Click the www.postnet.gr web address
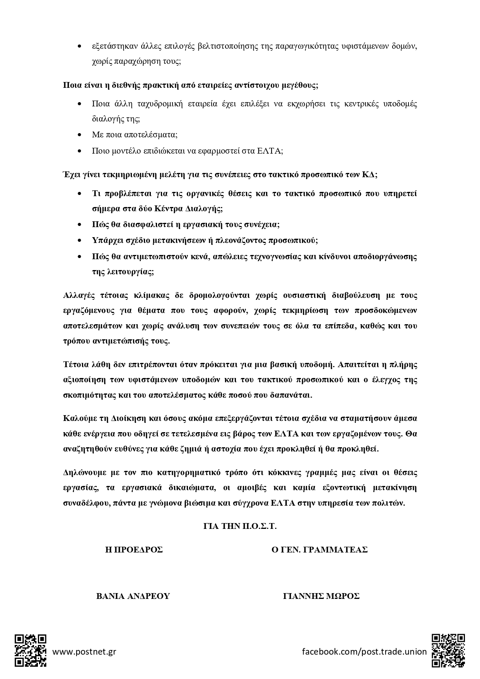pyautogui.click(x=84, y=652)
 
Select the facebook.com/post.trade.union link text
pyautogui.click(x=364, y=652)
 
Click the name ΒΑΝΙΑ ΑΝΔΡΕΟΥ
pyautogui.click(x=133, y=596)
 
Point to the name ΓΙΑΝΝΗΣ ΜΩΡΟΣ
pyautogui.click(x=321, y=596)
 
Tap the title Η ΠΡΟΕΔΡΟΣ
pyautogui.click(x=134, y=550)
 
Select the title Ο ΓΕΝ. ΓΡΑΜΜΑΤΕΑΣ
pyautogui.click(x=319, y=550)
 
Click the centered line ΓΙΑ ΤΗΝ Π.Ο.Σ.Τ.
pyautogui.click(x=240, y=526)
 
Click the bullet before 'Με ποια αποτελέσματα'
pyautogui.click(x=80, y=135)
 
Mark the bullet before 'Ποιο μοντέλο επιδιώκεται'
pyautogui.click(x=80, y=151)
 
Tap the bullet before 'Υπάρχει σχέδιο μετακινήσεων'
pyautogui.click(x=80, y=240)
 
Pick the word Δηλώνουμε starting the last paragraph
pyautogui.click(x=82, y=473)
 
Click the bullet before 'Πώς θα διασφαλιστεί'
pyautogui.click(x=80, y=224)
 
